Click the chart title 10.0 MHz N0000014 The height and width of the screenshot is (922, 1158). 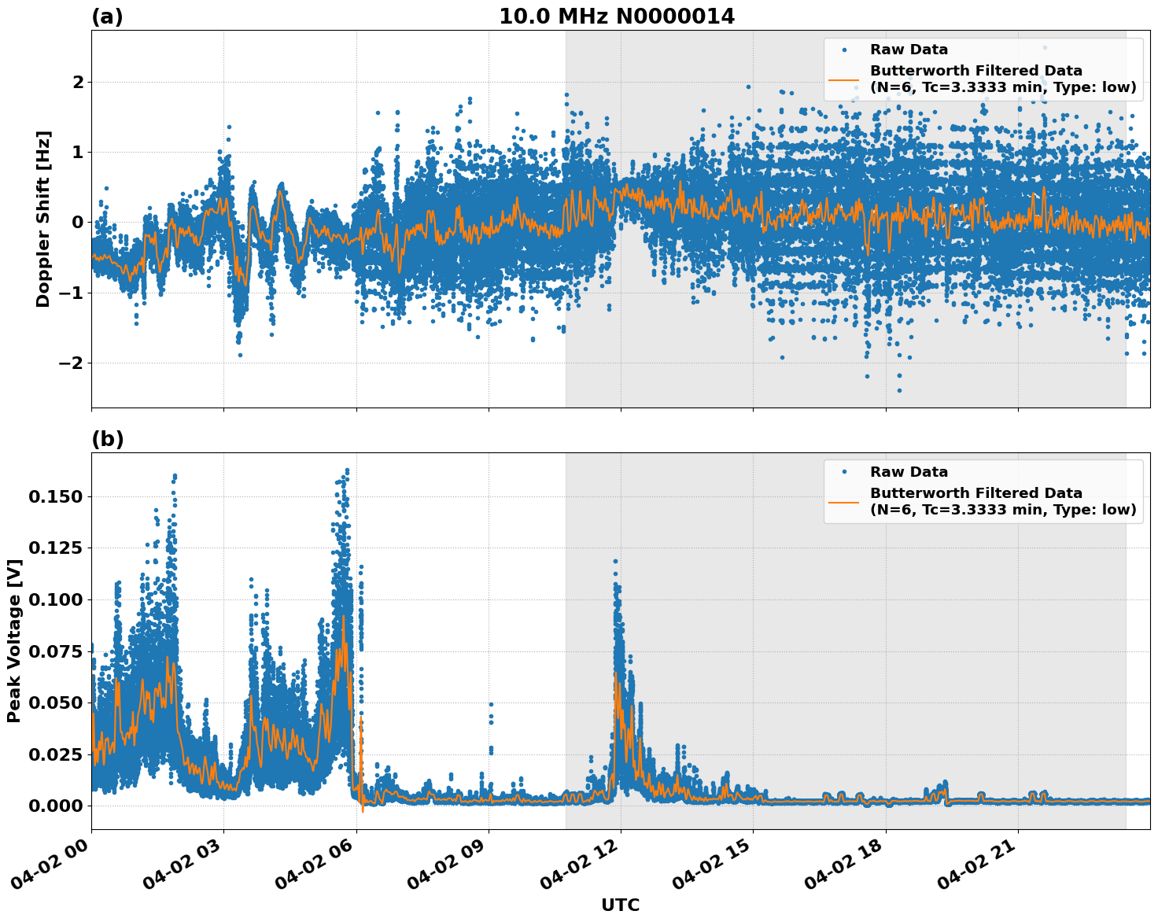(616, 17)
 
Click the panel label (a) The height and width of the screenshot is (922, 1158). (107, 17)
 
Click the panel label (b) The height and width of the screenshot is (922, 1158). (107, 439)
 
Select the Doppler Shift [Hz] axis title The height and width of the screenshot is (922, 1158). (43, 219)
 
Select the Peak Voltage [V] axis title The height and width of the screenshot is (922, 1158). (13, 640)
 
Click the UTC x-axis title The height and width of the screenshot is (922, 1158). (620, 905)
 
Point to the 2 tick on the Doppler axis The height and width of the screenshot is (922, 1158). (78, 82)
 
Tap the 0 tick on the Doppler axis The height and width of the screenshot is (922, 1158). (78, 222)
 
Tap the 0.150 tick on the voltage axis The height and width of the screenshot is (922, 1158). (55, 496)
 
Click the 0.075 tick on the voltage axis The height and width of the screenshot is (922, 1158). (55, 651)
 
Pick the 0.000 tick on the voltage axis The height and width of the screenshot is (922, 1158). (55, 806)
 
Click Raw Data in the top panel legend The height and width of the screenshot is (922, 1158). (909, 50)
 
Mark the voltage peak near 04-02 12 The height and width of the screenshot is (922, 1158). (615, 562)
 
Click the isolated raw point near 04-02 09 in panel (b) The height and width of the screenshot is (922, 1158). (491, 705)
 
